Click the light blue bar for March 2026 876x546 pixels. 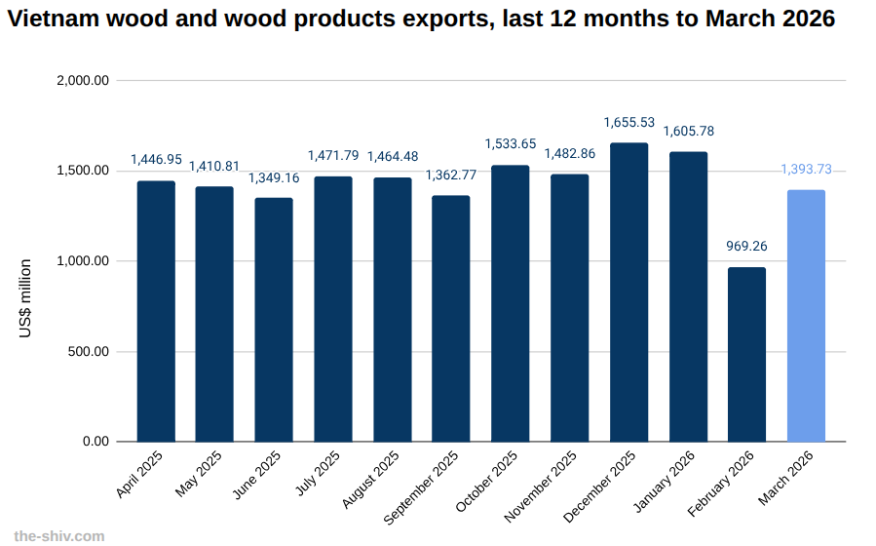tap(806, 315)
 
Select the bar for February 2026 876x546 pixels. tap(746, 354)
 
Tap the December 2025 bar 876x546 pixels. tap(628, 292)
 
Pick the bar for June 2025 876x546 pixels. tap(274, 320)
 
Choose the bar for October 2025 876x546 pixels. tap(511, 303)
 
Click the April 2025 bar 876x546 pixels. tap(156, 311)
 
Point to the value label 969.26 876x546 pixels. tap(746, 247)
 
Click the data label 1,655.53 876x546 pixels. tap(628, 122)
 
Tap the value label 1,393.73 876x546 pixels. tap(806, 170)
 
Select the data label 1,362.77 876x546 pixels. tap(451, 175)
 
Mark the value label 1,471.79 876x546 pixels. tap(333, 155)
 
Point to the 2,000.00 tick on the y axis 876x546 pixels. tap(83, 81)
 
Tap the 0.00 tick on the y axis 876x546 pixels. tap(96, 442)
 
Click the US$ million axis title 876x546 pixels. tap(25, 298)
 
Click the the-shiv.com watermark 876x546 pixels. tap(58, 535)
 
